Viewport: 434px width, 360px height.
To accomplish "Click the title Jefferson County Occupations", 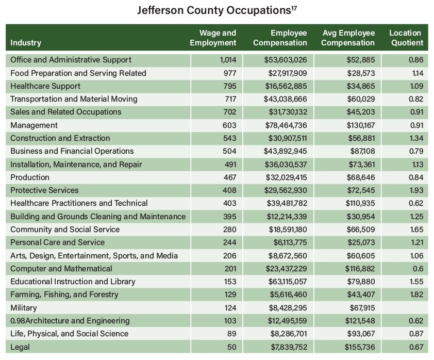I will [216, 10].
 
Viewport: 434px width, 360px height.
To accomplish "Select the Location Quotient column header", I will [406, 38].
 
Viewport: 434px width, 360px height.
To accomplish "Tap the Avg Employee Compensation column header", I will [348, 38].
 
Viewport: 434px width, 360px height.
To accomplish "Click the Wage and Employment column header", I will [213, 38].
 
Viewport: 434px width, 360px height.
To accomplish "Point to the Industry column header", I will [26, 43].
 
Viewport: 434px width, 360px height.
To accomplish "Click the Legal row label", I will [20, 347].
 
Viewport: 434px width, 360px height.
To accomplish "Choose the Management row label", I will [34, 125].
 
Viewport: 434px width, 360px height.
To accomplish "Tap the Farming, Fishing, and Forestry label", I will [64, 294].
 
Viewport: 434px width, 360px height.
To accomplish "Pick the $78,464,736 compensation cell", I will [285, 125].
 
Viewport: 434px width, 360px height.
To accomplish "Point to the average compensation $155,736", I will [360, 347].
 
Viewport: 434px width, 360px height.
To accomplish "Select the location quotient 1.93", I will [415, 190].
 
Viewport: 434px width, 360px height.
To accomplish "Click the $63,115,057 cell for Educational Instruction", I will [285, 282].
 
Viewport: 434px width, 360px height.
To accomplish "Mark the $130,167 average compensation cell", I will [360, 125].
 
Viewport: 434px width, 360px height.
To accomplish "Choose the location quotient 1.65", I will [415, 230].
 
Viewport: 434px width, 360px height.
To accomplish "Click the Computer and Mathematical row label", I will [61, 269].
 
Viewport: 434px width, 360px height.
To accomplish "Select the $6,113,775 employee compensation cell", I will [289, 242].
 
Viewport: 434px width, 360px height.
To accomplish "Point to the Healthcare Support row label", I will [45, 86].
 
